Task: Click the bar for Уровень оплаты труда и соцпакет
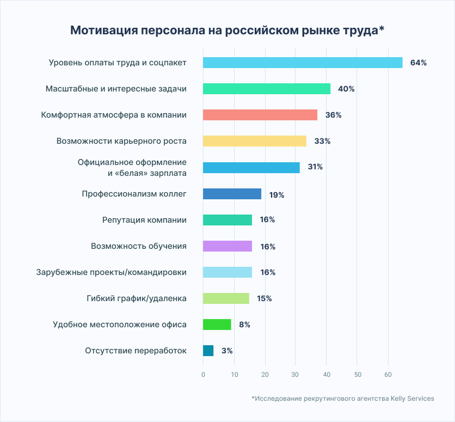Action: point(303,63)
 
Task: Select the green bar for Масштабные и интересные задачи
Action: point(267,89)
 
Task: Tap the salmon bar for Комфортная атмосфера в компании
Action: point(260,115)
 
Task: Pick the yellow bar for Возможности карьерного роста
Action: point(255,141)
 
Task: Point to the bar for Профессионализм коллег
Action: point(232,194)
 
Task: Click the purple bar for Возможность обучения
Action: point(228,246)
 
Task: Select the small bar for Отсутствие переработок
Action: point(208,351)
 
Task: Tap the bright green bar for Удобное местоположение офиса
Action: point(217,325)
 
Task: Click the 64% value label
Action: point(419,63)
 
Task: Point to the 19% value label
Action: point(276,194)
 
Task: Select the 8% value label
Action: point(244,325)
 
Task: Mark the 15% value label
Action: point(265,298)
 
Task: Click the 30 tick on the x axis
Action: point(296,375)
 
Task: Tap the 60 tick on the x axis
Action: point(388,375)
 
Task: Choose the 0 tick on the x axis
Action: point(203,375)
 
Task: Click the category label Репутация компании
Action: point(144,220)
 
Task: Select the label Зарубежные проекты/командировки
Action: point(112,272)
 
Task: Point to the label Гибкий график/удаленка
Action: point(137,298)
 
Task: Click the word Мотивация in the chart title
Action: point(103,30)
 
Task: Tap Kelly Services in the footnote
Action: point(412,399)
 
